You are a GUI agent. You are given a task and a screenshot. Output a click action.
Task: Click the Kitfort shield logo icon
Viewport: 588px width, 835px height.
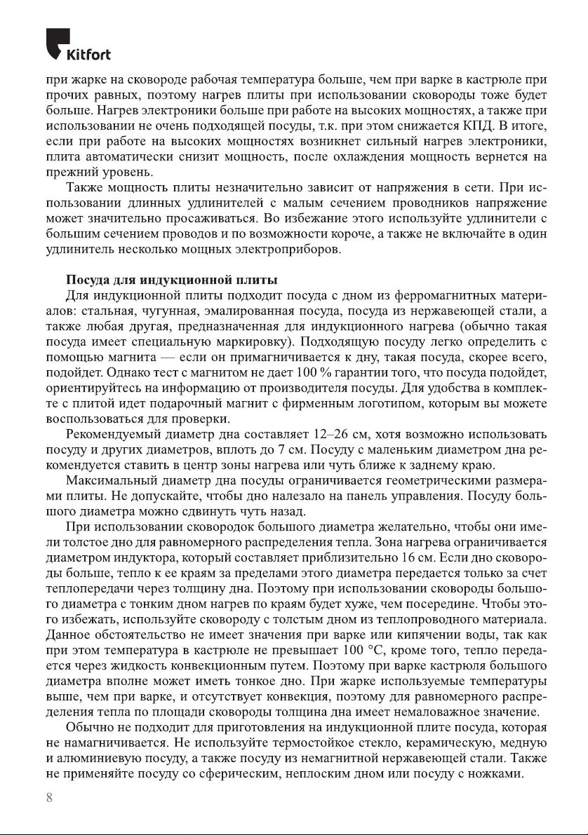tap(58, 41)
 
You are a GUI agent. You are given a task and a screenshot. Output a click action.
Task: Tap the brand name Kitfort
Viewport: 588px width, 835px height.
tap(88, 54)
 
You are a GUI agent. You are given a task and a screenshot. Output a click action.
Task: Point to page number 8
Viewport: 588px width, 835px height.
tap(48, 799)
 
